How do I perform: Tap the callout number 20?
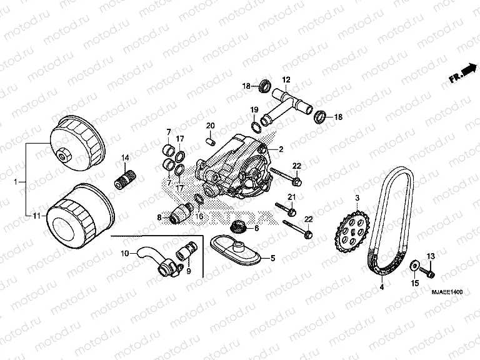click(210, 127)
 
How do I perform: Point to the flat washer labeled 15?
click(413, 267)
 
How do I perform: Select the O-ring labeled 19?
click(256, 127)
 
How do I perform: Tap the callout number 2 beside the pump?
click(281, 149)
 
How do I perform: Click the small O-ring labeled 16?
click(197, 199)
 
